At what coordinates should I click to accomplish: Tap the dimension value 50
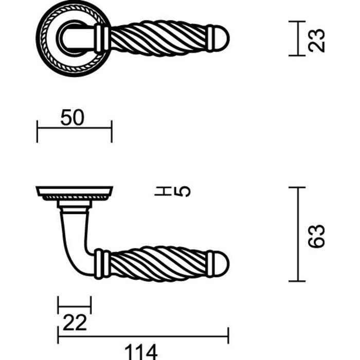[x=73, y=118]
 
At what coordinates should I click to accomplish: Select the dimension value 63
[x=318, y=236]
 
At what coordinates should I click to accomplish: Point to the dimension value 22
[x=75, y=323]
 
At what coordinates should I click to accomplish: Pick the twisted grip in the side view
[x=157, y=264]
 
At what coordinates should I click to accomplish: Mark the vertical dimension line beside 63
[x=297, y=235]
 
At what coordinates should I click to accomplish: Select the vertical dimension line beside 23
[x=297, y=38]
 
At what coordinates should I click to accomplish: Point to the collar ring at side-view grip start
[x=102, y=264]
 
